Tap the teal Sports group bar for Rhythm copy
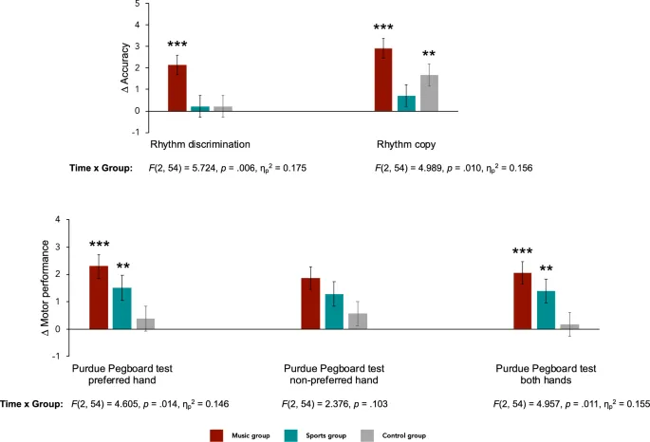pos(406,103)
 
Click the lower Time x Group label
pos(32,403)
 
